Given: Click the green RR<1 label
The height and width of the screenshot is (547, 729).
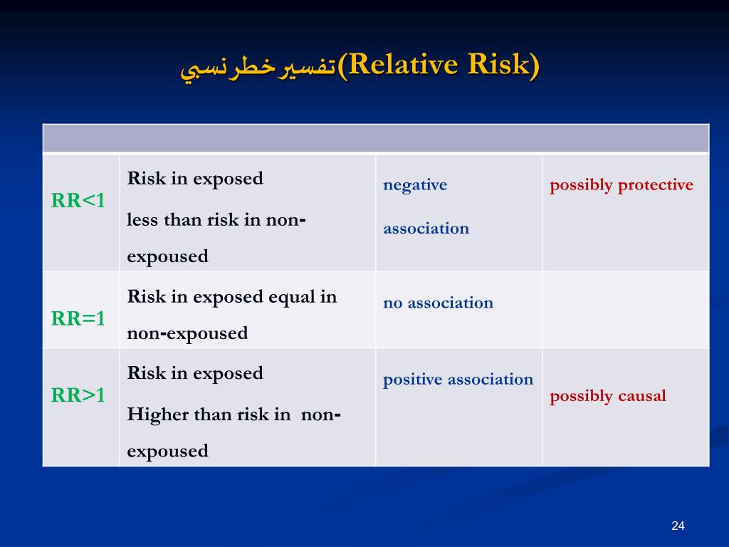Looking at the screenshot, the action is (78, 200).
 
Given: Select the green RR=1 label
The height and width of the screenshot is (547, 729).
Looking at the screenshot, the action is (78, 318).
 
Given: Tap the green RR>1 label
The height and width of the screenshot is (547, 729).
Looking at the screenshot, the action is (78, 395).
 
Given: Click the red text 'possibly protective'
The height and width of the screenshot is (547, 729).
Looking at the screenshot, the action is (621, 185).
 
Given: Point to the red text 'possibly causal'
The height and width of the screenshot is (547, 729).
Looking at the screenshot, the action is (608, 396).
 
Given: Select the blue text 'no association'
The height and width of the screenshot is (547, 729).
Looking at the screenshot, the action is (438, 303).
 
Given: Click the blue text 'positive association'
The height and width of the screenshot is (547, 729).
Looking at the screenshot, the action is (458, 380).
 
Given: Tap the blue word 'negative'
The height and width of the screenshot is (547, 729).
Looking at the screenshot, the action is (415, 185).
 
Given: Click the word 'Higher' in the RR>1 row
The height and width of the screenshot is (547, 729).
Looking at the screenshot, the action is (157, 414).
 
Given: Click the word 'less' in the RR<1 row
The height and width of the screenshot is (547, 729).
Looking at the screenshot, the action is (142, 219).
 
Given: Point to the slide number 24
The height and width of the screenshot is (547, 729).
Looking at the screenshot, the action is (678, 526).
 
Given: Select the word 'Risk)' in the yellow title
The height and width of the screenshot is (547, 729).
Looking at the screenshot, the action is (503, 64).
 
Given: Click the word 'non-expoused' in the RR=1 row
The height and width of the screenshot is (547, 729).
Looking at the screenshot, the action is (187, 333).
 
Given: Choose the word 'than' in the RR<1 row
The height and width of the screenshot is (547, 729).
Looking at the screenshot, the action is (183, 219).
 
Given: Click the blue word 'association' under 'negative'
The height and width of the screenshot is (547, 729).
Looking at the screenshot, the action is (426, 229).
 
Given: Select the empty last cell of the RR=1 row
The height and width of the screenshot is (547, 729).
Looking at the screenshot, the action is (626, 310).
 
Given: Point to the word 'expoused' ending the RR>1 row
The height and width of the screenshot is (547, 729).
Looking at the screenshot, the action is (167, 451).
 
